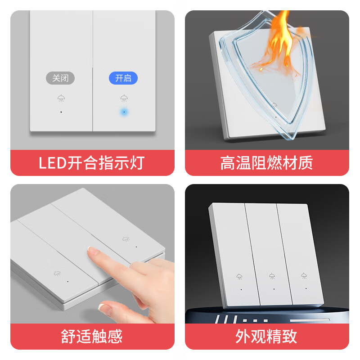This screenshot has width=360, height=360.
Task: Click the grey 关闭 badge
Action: pos(60,78)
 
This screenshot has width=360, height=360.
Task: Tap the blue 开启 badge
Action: pos(123,78)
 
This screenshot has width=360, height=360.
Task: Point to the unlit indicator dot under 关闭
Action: pos(61,112)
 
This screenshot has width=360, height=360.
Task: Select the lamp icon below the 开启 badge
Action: pos(123,98)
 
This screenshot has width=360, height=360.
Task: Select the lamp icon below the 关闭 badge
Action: pos(61,98)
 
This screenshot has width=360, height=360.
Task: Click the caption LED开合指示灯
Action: pos(92,162)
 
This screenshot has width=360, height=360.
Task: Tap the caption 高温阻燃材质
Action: pos(266,162)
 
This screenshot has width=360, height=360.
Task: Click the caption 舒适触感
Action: pos(92,336)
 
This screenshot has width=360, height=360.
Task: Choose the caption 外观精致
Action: pos(266,336)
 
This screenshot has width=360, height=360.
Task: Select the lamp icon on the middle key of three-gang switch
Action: pos(272,276)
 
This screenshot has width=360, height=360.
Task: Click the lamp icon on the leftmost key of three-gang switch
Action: pos(239,276)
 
